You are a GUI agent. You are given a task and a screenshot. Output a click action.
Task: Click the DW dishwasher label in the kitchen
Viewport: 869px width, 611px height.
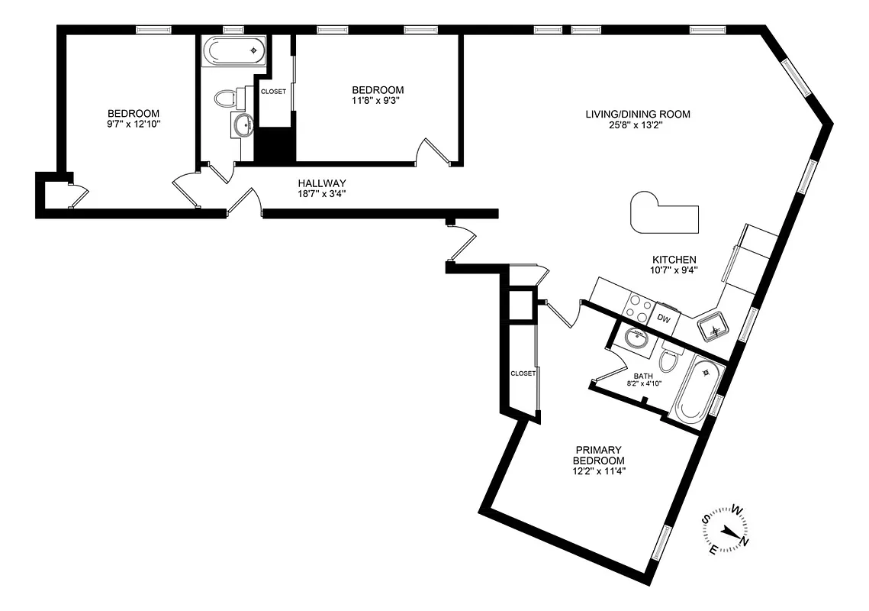(x=664, y=319)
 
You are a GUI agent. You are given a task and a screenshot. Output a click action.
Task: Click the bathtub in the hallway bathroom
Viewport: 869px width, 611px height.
(x=234, y=52)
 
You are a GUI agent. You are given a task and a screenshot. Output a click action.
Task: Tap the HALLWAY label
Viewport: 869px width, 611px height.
(x=322, y=183)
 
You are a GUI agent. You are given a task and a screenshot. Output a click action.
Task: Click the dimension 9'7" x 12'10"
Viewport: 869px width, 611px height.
(x=133, y=124)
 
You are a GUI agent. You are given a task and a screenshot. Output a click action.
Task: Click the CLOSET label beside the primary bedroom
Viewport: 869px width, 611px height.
(x=523, y=373)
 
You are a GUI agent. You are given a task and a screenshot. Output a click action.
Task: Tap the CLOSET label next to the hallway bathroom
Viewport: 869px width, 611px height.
(x=273, y=92)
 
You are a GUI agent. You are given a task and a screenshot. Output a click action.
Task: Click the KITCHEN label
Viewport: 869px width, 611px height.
(x=674, y=259)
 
